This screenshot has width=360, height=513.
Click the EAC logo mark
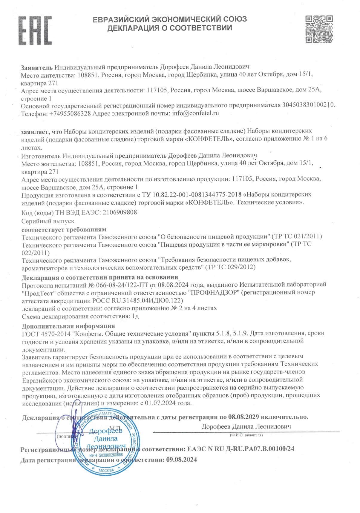pyautogui.click(x=35, y=31)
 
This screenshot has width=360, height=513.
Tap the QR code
pyautogui.click(x=319, y=29)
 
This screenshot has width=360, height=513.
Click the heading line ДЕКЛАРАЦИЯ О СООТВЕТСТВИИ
pyautogui.click(x=170, y=28)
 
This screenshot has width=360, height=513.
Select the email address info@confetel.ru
pyautogui.click(x=195, y=113)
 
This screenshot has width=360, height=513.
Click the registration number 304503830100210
pyautogui.click(x=308, y=105)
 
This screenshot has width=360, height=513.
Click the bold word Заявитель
pyautogui.click(x=37, y=67)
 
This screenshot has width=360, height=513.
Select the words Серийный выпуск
pyautogui.click(x=48, y=221)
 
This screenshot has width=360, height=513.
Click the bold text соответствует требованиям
pyautogui.click(x=64, y=229)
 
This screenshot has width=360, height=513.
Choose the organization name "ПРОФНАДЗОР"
pyautogui.click(x=215, y=292)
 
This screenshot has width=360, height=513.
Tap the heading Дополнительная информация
pyautogui.click(x=68, y=326)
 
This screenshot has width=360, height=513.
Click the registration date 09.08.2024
pyautogui.click(x=182, y=460)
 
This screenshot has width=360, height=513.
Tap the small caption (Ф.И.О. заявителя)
pyautogui.click(x=246, y=435)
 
